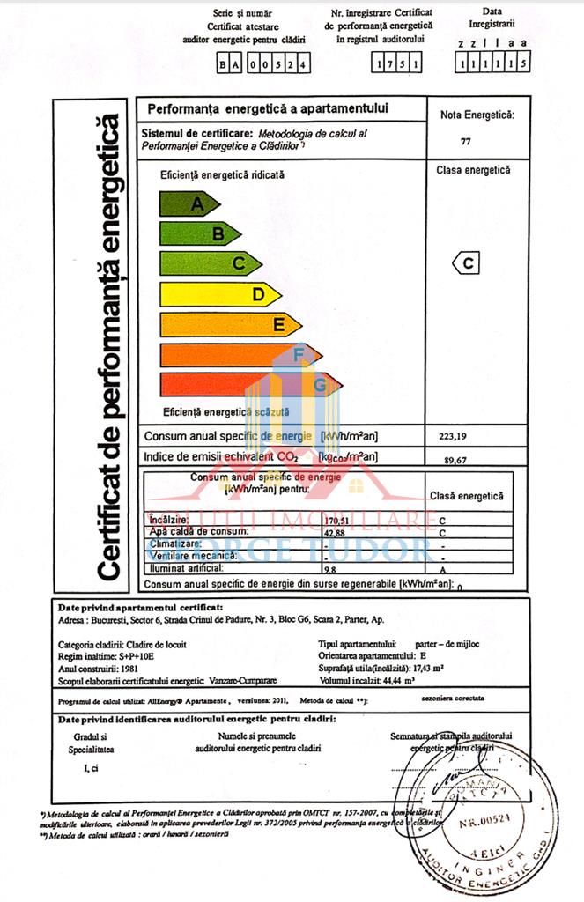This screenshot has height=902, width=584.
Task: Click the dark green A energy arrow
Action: point(187,204)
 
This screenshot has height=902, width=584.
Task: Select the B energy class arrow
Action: point(198,233)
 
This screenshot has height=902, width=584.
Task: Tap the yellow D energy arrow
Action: point(220,294)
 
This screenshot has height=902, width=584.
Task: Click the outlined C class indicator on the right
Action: point(468,262)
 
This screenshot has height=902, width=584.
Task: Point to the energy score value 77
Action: point(466,141)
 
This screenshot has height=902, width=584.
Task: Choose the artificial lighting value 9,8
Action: point(330,569)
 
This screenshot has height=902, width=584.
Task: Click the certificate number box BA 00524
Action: point(262,64)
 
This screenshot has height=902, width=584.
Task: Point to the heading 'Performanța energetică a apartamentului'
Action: point(267,110)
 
